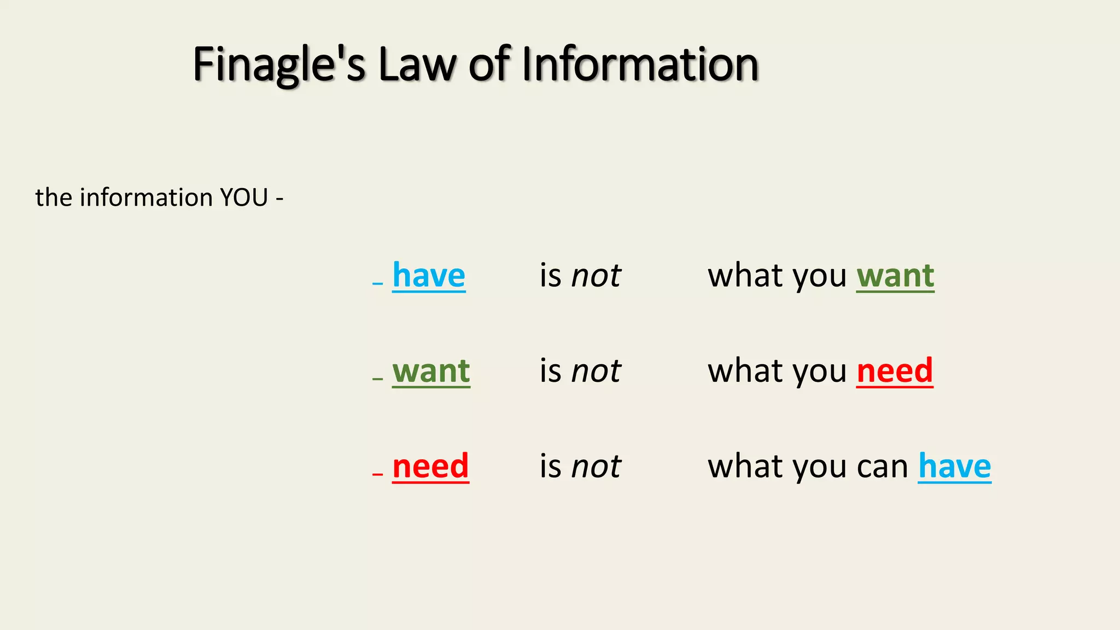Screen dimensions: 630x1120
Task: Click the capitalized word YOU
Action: (x=244, y=197)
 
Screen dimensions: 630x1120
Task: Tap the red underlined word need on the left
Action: (x=430, y=466)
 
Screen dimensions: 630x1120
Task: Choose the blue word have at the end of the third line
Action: (x=954, y=466)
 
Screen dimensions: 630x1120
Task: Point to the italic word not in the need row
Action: (x=596, y=466)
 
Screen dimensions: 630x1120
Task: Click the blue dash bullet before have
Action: (x=377, y=283)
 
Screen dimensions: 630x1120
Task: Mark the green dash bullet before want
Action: (x=377, y=379)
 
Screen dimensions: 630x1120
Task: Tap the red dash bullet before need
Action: (x=377, y=474)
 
